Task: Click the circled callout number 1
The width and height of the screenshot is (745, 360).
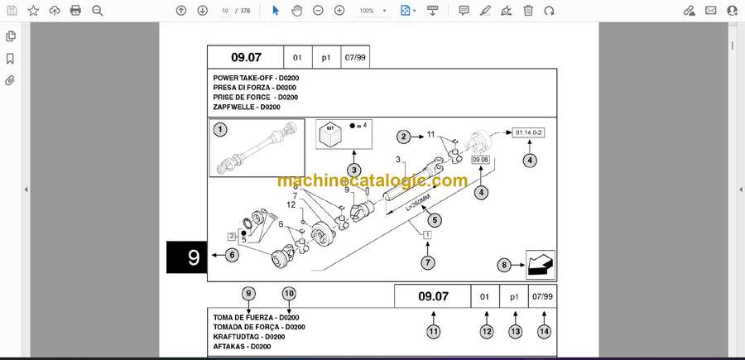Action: click(219, 129)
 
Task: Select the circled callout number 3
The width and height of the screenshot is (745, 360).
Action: click(353, 170)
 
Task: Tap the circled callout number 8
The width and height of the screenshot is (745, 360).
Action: click(505, 265)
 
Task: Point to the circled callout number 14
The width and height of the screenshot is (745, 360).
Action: click(544, 332)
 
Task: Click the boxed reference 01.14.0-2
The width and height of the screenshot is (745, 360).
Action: click(528, 133)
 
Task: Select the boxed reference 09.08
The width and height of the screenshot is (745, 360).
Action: click(480, 160)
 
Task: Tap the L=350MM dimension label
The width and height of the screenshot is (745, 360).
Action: click(416, 204)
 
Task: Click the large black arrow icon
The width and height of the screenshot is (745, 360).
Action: click(541, 265)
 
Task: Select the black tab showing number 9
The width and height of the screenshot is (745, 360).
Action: click(187, 257)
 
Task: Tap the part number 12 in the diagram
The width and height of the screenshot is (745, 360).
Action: click(291, 204)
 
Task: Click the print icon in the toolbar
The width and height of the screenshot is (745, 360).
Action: click(75, 11)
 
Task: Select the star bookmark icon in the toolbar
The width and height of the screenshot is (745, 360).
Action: click(33, 11)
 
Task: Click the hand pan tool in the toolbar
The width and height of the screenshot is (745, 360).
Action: click(297, 11)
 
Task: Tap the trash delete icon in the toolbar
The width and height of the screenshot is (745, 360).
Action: click(528, 11)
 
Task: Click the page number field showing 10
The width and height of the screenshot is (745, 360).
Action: click(225, 11)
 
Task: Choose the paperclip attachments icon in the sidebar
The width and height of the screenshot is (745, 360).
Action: click(10, 80)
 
